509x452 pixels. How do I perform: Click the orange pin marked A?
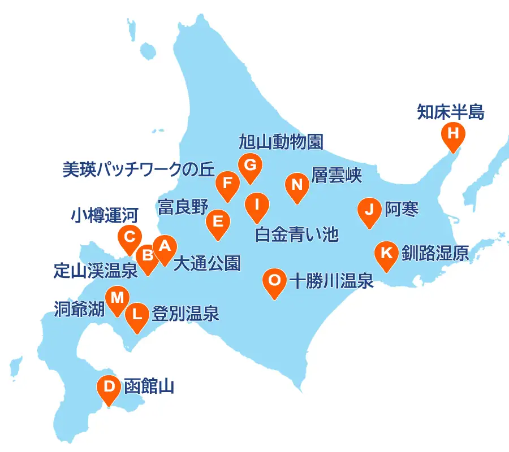click(165, 247)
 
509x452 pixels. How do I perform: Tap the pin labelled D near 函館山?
click(109, 388)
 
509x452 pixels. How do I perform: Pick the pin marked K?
click(387, 253)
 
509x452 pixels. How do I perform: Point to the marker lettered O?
click(274, 280)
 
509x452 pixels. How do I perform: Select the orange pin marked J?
click(369, 210)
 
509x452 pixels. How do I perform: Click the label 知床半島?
click(451, 111)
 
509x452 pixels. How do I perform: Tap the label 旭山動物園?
click(281, 142)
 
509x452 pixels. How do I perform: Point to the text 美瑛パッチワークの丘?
click(139, 169)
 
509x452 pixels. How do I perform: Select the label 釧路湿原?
click(435, 253)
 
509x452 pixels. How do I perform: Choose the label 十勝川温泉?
click(331, 280)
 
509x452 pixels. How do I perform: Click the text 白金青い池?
click(296, 234)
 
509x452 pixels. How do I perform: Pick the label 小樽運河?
click(105, 215)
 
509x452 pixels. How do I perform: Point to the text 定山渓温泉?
click(96, 271)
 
